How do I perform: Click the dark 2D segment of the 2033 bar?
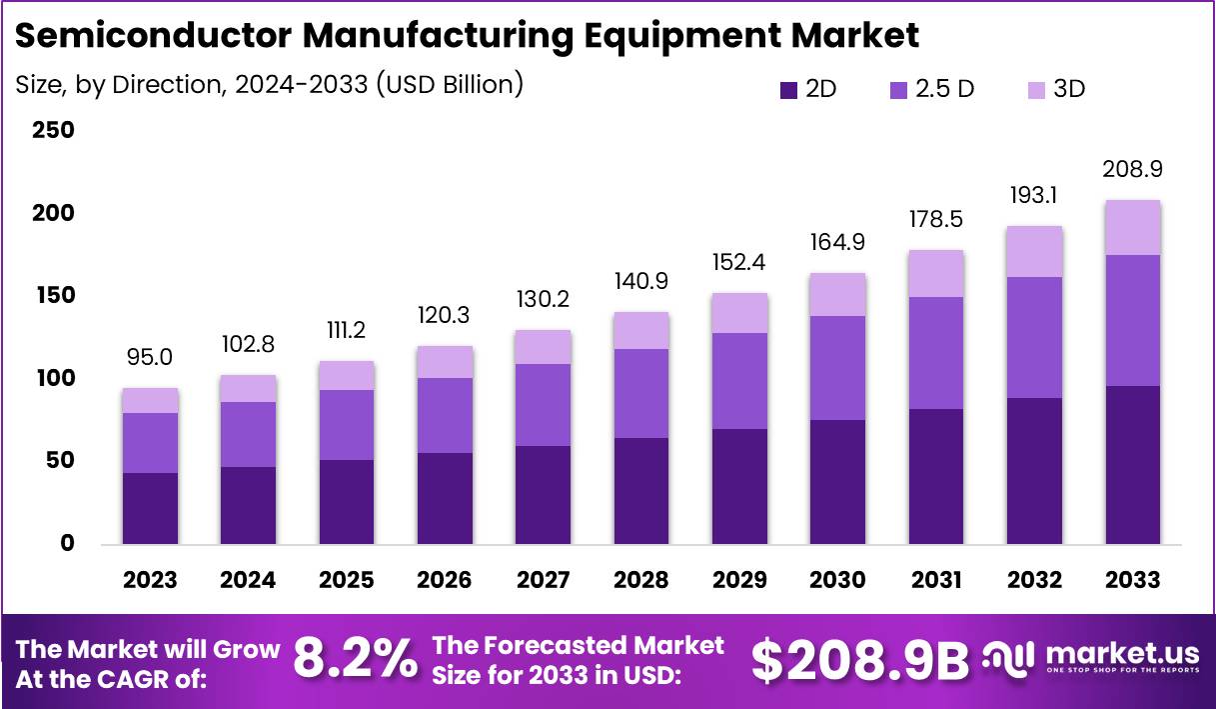click(1132, 465)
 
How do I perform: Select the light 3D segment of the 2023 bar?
click(150, 401)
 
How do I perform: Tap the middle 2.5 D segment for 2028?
click(641, 393)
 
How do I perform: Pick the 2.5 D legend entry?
click(930, 89)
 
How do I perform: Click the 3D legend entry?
click(1055, 89)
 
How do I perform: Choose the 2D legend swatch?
click(788, 90)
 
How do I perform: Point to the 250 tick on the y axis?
click(54, 131)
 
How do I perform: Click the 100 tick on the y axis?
click(54, 379)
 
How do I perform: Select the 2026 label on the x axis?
click(445, 580)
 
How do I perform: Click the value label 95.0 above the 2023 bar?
click(150, 358)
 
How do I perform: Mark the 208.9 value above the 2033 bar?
click(1132, 169)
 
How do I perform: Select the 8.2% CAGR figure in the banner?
click(355, 660)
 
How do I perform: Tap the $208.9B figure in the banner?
click(859, 660)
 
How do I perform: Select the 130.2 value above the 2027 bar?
click(544, 300)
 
